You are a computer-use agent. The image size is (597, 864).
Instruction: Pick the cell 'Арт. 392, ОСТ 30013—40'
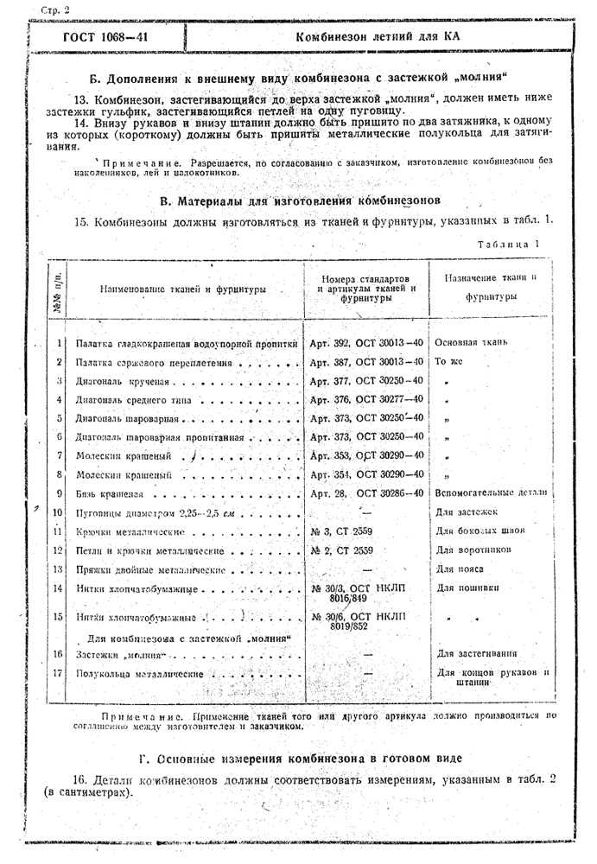[366, 343]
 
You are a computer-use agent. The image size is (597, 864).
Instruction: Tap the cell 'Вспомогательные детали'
[491, 493]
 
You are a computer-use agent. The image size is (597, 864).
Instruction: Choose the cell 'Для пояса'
[459, 569]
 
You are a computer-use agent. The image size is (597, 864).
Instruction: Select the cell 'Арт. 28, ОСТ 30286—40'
[366, 493]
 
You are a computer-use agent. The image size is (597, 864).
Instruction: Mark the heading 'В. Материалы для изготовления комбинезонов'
[301, 201]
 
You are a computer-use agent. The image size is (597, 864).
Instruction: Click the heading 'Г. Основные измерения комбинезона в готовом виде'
[300, 759]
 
